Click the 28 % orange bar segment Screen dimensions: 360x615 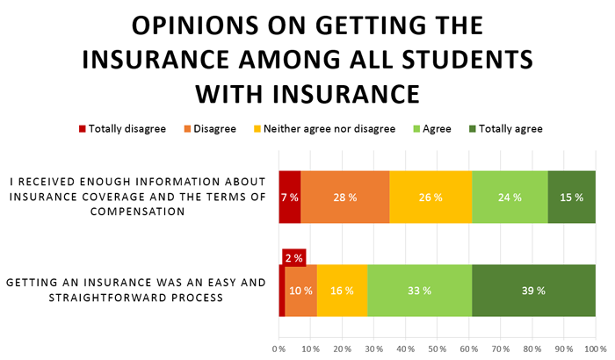345,198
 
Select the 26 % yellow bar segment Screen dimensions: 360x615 430,198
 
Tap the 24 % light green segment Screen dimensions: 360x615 510,198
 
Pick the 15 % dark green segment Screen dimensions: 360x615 572,198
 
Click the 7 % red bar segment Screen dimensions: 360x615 290,198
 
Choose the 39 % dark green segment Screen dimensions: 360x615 534,291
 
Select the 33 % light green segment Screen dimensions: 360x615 420,291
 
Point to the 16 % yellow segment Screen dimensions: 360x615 343,291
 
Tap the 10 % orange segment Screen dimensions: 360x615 301,291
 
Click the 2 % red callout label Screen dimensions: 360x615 293,258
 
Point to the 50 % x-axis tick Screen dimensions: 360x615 438,349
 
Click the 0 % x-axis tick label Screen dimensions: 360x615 279,349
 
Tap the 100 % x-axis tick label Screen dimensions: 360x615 595,349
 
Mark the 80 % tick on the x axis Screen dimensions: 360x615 532,349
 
